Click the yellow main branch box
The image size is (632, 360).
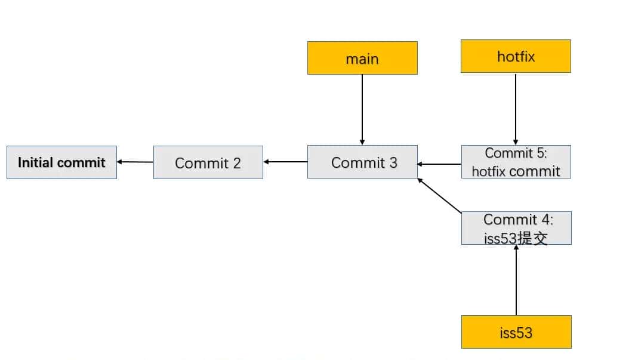[x=362, y=58]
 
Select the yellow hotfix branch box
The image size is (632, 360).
[x=516, y=56]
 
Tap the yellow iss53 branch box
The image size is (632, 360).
[x=516, y=332]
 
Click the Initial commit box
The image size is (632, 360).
[x=61, y=162]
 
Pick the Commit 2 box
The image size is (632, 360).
[x=208, y=162]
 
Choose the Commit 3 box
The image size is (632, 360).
[x=362, y=162]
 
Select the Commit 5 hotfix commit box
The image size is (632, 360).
[x=516, y=162]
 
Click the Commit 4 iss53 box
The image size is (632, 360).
[x=516, y=228]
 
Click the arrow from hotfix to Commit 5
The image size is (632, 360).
[x=516, y=109]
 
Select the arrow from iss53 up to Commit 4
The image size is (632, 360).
[x=516, y=279]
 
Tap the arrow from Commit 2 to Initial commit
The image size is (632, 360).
[x=135, y=162]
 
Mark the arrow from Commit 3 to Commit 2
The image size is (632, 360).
[x=285, y=162]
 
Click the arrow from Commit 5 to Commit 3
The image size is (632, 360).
[x=439, y=164]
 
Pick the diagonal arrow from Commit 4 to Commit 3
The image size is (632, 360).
[x=440, y=195]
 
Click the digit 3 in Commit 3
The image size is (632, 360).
[x=393, y=162]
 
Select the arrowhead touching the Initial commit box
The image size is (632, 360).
[x=120, y=162]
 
